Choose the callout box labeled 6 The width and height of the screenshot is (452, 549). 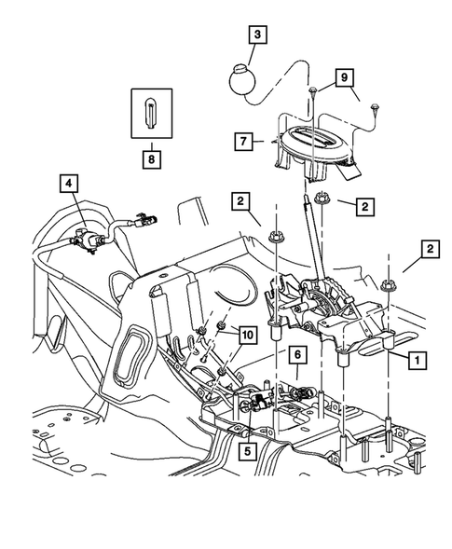(x=297, y=354)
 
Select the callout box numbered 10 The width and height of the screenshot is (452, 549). (x=246, y=333)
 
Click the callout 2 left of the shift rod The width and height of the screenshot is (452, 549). (x=241, y=200)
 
